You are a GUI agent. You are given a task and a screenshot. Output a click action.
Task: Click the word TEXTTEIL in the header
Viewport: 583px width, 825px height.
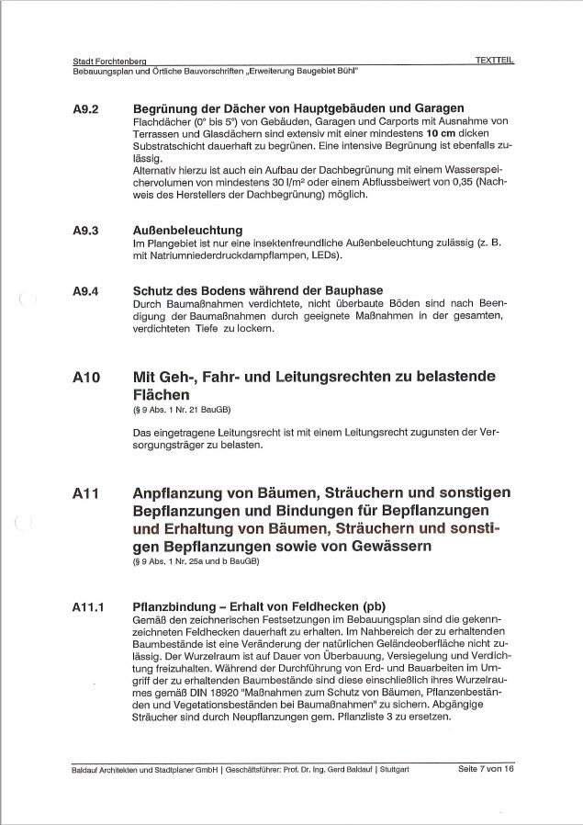[x=494, y=60]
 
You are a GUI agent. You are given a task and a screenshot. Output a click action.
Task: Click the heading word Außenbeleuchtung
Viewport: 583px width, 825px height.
[x=187, y=230]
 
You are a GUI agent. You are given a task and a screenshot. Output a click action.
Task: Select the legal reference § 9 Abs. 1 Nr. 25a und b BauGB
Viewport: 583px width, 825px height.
[x=196, y=561]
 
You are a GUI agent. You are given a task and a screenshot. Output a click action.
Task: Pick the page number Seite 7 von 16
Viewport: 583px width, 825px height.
[x=486, y=768]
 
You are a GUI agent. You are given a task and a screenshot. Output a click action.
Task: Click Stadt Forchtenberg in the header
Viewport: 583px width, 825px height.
[x=109, y=60]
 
